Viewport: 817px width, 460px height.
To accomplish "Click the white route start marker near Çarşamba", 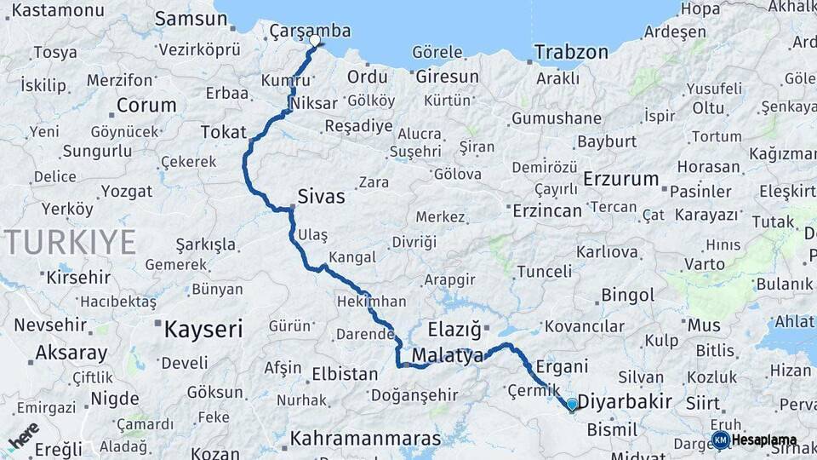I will point(315,40).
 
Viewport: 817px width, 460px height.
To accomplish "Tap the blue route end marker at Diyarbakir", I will point(572,404).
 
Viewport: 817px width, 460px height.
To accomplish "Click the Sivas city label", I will point(321,197).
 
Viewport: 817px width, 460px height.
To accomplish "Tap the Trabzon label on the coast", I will point(571,52).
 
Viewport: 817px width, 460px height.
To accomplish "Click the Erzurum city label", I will point(621,179).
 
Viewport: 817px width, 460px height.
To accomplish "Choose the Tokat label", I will point(223,132).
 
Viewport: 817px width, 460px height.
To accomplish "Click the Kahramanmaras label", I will point(366,439).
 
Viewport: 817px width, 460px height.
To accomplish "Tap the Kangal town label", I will point(351,256).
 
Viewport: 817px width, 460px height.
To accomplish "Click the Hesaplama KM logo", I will point(754,440).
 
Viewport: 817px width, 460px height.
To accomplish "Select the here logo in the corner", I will point(23,436).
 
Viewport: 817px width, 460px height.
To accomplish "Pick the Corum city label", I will point(146,106).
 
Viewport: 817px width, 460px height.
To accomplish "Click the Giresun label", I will point(448,77).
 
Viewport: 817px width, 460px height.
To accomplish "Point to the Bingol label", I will point(627,296).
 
